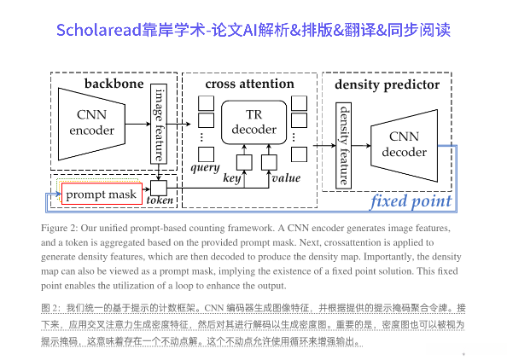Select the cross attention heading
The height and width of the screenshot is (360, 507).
[x=250, y=84]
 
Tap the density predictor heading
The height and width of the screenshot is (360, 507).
[x=387, y=84]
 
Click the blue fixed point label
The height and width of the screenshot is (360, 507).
[x=410, y=201]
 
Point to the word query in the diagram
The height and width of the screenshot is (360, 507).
[x=206, y=167]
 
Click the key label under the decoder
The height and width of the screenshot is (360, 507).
[x=231, y=178]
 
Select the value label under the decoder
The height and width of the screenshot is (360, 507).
[x=285, y=178]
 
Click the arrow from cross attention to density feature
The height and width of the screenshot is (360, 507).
[x=325, y=145]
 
